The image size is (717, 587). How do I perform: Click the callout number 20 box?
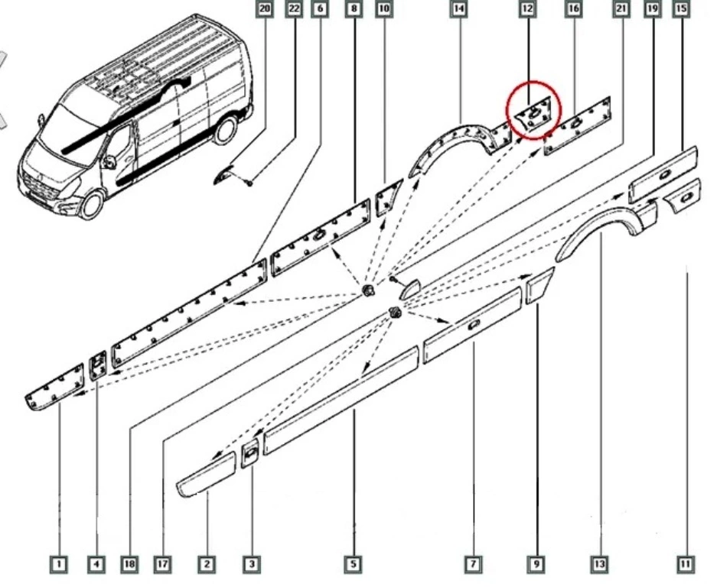[x=265, y=8]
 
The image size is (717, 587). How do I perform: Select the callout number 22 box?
[x=295, y=8]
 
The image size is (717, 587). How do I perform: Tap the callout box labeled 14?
[x=459, y=8]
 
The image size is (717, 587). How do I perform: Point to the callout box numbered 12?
[x=527, y=8]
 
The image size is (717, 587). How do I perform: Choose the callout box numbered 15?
[x=681, y=8]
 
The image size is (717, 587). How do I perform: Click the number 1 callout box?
[x=58, y=564]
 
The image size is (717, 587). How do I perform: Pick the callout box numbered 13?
[x=600, y=564]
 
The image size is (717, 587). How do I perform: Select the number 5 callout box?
[x=353, y=564]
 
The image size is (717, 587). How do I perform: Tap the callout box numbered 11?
[x=685, y=564]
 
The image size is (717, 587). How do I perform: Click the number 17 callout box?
[x=162, y=564]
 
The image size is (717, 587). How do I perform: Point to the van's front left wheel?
[x=92, y=205]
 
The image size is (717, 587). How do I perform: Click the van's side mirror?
[x=109, y=161]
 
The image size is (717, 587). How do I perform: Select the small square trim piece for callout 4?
[x=98, y=366]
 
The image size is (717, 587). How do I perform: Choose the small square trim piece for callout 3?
[x=250, y=453]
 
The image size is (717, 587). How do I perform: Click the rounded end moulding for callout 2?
[x=207, y=474]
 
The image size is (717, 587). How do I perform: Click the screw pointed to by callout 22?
[x=249, y=183]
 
